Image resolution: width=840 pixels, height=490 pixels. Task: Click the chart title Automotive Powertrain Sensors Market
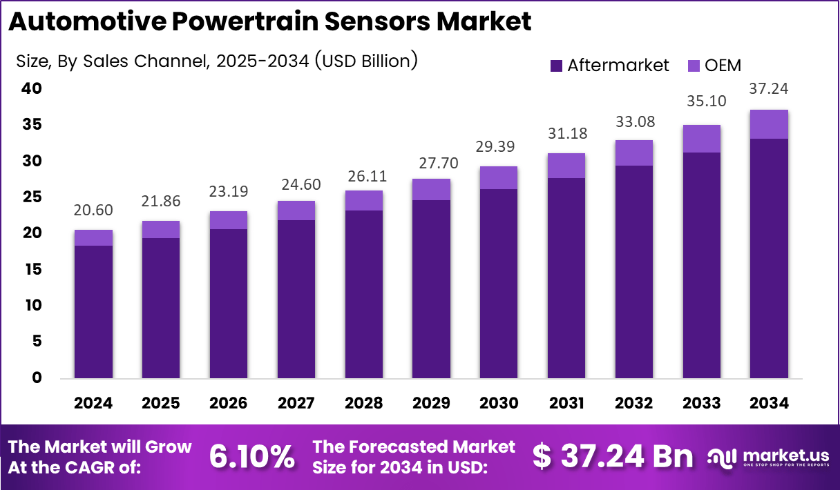point(269,22)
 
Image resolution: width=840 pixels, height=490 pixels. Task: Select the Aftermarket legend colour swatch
point(557,66)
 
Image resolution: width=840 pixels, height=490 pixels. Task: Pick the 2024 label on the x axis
point(93,403)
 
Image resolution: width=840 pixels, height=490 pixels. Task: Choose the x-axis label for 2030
point(499,403)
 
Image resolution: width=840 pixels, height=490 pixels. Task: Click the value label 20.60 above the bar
point(93,210)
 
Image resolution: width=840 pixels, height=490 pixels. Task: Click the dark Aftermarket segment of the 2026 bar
point(229,304)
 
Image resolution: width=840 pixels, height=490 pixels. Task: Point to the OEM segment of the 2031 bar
point(566,166)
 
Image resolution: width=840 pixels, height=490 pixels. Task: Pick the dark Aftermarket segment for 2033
point(701,266)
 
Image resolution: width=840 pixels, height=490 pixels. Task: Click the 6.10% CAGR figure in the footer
point(251,457)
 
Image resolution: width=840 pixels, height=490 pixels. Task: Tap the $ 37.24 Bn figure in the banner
point(612,457)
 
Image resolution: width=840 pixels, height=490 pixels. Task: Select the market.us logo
point(770,457)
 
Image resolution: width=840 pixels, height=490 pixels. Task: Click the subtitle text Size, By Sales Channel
point(216,61)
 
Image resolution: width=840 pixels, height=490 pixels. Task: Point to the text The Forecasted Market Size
point(414,457)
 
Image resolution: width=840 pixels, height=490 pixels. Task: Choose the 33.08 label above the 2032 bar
point(633,122)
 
